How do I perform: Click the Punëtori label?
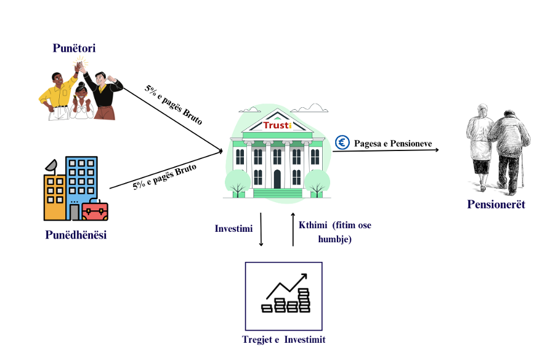pyautogui.click(x=75, y=48)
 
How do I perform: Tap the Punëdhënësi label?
pyautogui.click(x=76, y=235)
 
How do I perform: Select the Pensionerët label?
pyautogui.click(x=496, y=205)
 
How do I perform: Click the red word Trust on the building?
pyautogui.click(x=277, y=125)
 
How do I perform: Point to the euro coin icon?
pyautogui.click(x=342, y=143)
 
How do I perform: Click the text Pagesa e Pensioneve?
pyautogui.click(x=393, y=144)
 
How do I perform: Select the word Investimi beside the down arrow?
pyautogui.click(x=233, y=228)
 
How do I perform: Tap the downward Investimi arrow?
pyautogui.click(x=261, y=229)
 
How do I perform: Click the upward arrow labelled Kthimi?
pyautogui.click(x=293, y=228)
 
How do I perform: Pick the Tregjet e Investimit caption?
pyautogui.click(x=283, y=340)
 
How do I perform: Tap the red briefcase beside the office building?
pyautogui.click(x=95, y=211)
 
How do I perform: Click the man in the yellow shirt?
pyautogui.click(x=57, y=96)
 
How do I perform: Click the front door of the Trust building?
pyautogui.click(x=277, y=179)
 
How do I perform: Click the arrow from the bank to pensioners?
pyautogui.click(x=385, y=150)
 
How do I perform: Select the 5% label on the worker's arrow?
pyautogui.click(x=174, y=105)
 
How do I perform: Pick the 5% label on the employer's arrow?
pyautogui.click(x=164, y=177)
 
